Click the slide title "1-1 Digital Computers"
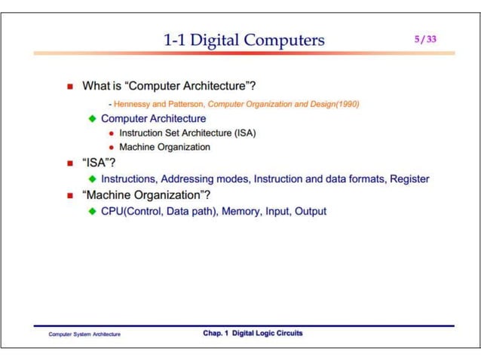[244, 39]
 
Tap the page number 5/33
[425, 39]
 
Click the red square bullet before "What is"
[70, 87]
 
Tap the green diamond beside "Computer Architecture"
[92, 119]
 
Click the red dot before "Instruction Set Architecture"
[112, 133]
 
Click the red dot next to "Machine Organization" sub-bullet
[112, 147]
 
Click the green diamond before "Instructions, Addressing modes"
[92, 179]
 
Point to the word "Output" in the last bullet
[311, 212]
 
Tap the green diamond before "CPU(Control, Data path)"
[92, 212]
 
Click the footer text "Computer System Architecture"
[84, 334]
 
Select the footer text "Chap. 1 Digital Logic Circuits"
[253, 333]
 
